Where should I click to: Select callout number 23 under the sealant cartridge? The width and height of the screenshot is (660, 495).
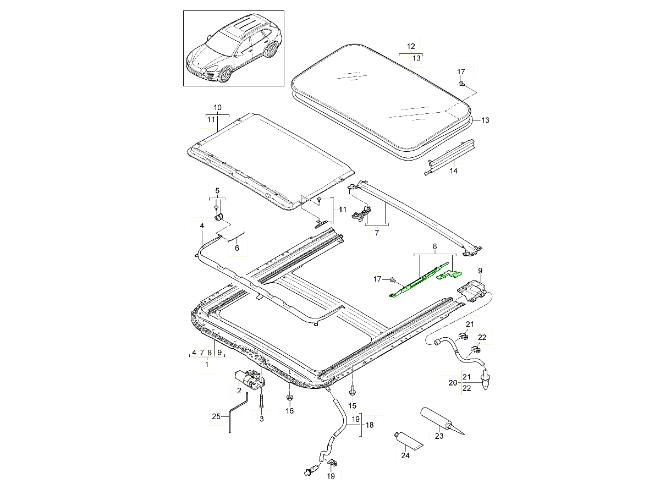439,436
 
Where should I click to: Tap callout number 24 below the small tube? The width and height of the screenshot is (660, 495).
405,455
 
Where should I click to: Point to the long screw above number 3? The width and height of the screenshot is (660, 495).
262,402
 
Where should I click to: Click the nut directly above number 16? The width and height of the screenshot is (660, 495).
289,398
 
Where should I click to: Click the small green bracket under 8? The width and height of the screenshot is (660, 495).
449,274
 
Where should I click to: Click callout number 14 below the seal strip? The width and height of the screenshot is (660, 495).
453,170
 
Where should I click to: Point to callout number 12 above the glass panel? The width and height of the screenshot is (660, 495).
411,46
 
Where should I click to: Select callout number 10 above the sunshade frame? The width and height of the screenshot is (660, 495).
217,107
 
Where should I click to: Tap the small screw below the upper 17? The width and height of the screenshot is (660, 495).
461,83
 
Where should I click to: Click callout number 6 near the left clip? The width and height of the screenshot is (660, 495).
237,248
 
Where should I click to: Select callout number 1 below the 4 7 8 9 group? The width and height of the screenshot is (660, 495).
207,365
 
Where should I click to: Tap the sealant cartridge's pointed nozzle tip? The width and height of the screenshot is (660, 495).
464,435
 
